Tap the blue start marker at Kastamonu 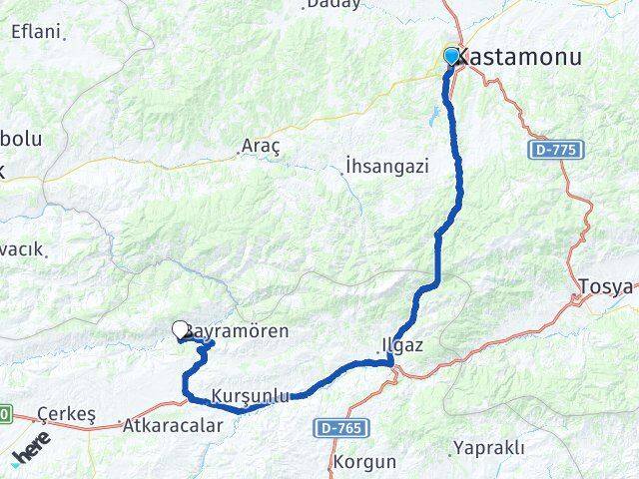(x=451, y=56)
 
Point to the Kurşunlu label (x=251, y=395)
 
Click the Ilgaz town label (x=402, y=345)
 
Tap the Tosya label (x=605, y=287)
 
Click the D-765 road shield (x=342, y=427)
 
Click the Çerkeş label (x=65, y=413)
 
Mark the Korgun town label (x=365, y=462)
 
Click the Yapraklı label (x=488, y=447)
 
